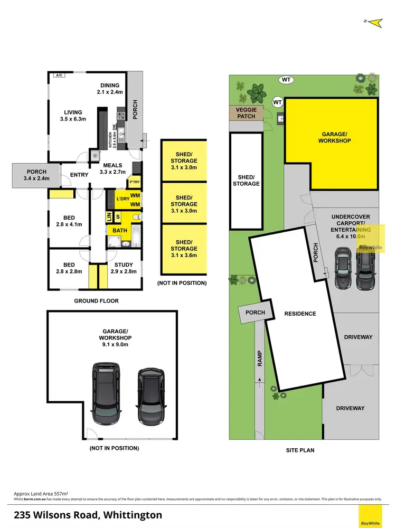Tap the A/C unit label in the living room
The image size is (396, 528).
58,76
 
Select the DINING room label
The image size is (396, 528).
110,89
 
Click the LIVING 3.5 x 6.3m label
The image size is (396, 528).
73,116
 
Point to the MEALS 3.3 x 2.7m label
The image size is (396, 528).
113,168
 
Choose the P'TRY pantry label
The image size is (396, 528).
134,183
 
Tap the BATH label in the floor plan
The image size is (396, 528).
120,231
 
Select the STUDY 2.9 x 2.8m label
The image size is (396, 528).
124,268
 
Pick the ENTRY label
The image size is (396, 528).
79,175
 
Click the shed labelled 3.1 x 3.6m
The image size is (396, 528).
184,248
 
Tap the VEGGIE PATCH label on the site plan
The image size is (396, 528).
246,113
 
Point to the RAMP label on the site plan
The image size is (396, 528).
260,359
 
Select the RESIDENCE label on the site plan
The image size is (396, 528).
300,314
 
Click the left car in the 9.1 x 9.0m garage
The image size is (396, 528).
107,393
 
